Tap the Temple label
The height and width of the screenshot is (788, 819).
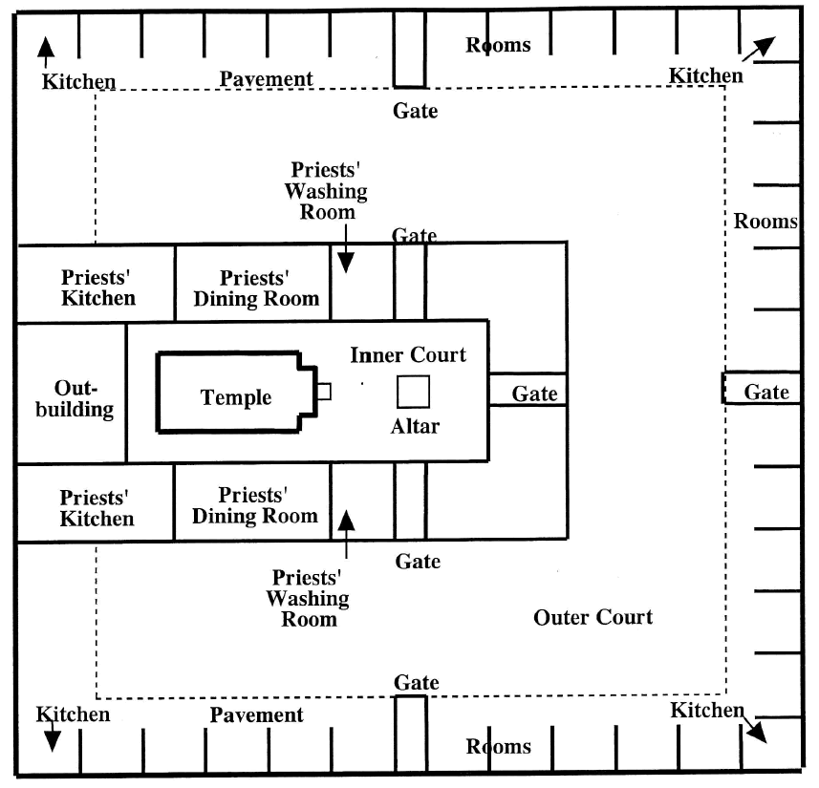[x=236, y=398]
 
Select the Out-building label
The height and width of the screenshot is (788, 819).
[x=75, y=399]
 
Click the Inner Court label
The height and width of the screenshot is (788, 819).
[x=408, y=355]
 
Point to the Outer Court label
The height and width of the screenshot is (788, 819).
[x=593, y=617]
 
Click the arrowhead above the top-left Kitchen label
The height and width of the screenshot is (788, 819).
[x=46, y=47]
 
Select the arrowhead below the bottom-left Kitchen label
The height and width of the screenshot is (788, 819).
[x=53, y=740]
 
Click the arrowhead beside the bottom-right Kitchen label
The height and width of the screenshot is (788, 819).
[x=758, y=734]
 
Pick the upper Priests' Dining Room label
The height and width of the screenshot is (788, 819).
[x=256, y=288]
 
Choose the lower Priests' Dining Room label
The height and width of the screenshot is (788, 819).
[x=255, y=505]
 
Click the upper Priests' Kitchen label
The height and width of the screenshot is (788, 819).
[x=98, y=288]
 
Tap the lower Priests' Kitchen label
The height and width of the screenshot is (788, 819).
[x=97, y=508]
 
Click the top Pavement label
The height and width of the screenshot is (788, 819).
[x=266, y=79]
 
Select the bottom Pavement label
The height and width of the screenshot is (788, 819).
[x=256, y=714]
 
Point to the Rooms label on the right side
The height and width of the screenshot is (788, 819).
[x=765, y=222]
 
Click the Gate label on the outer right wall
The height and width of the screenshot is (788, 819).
[x=766, y=393]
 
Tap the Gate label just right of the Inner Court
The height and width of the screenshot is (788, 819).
[x=534, y=394]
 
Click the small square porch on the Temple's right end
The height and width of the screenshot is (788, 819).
[x=324, y=392]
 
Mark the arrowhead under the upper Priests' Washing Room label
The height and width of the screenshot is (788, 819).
[x=346, y=262]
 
